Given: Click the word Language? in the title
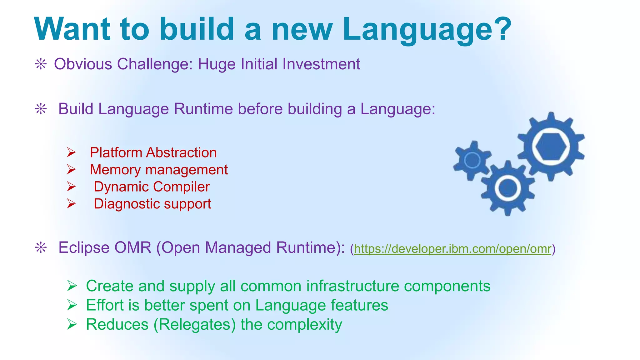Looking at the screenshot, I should point(427,30).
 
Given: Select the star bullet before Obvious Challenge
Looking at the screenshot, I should point(41,65).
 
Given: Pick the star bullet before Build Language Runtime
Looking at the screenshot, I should point(41,109).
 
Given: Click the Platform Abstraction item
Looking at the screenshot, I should point(153,153).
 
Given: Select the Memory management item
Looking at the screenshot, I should point(159,170).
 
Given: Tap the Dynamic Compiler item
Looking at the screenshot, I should point(152,187).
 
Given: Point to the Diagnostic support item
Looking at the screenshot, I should point(152,204).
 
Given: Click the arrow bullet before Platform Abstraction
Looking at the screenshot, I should point(71,153).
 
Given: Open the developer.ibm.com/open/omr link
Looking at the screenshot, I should point(452,249).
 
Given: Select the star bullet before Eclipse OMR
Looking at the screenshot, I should point(41,248).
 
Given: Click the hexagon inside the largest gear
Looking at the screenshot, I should point(551,146).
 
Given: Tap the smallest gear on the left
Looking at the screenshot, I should point(472,160).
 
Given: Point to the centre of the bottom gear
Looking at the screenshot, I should point(508,188).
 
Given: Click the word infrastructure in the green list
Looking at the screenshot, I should point(352,286).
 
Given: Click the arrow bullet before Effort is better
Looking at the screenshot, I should point(72,305).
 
